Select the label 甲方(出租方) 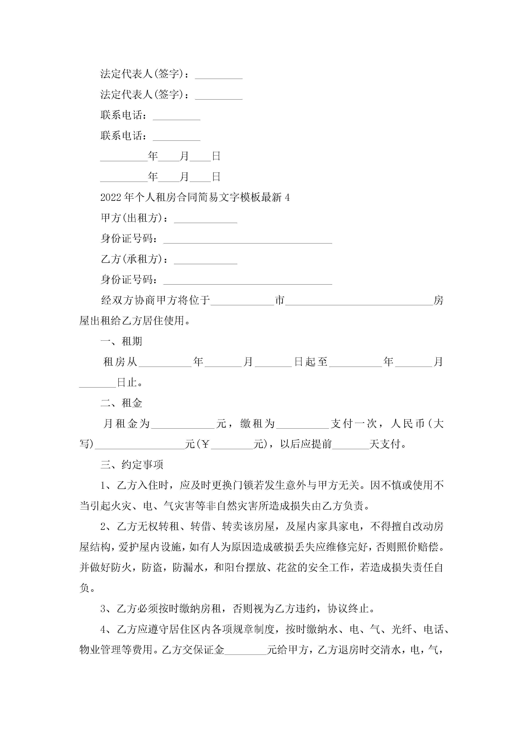pyautogui.click(x=134, y=218)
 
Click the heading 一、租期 pyautogui.click(x=121, y=341)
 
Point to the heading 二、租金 pyautogui.click(x=121, y=403)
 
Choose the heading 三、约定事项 pyautogui.click(x=132, y=465)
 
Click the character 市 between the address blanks pyautogui.click(x=280, y=300)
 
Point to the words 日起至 pyautogui.click(x=311, y=362)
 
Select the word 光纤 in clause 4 pyautogui.click(x=402, y=629)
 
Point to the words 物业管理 pyautogui.click(x=100, y=650)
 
